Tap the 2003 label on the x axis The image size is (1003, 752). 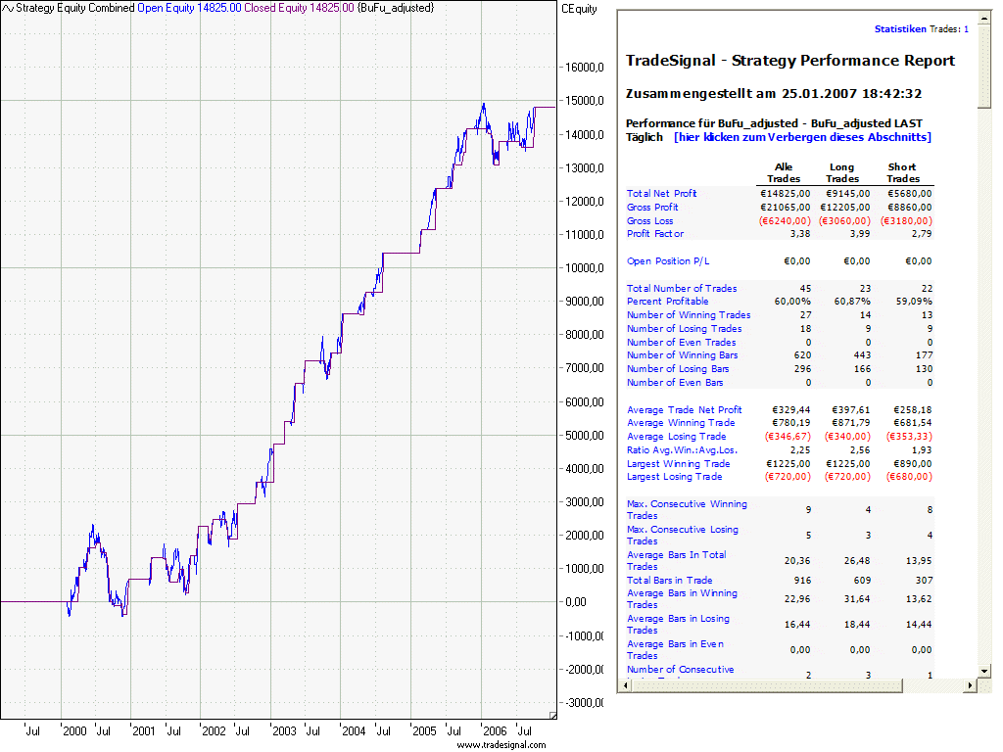(x=284, y=730)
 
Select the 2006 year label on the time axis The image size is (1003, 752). (x=496, y=730)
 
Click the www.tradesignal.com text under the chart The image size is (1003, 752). (x=501, y=745)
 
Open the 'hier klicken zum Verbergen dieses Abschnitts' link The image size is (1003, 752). (x=802, y=137)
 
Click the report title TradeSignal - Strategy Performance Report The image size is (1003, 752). (x=790, y=61)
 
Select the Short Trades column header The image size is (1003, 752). (x=902, y=173)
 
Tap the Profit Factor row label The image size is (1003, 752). (x=655, y=234)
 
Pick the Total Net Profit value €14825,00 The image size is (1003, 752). (x=786, y=194)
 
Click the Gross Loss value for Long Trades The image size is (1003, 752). (x=843, y=221)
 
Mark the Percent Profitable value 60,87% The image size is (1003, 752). (x=848, y=302)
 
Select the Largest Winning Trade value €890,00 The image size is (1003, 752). (x=909, y=463)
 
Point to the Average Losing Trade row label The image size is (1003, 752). (x=677, y=437)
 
